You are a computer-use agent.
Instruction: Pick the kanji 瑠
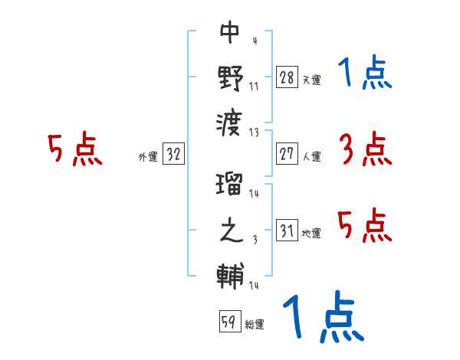pos(230,186)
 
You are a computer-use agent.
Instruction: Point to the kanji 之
pos(230,231)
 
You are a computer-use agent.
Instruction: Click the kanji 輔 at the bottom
pos(230,276)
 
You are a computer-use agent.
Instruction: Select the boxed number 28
pos(287,77)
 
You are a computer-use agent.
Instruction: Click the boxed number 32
pos(173,155)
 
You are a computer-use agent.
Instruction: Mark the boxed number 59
pos(228,322)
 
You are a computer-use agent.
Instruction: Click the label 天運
pos(311,80)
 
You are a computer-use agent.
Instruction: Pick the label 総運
pos(255,325)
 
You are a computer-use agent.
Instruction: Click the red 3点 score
pos(365,150)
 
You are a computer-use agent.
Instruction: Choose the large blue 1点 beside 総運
pos(322,318)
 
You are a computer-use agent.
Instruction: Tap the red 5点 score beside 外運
pos(74,150)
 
